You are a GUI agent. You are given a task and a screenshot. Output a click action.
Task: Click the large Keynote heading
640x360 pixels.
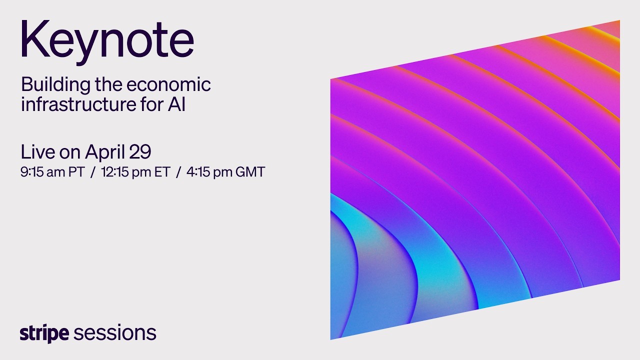107,40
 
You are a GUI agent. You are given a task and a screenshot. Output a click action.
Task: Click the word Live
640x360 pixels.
37,151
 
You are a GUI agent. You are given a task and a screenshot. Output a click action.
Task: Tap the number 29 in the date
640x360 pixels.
141,151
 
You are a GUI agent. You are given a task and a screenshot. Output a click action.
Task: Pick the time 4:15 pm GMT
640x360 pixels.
225,172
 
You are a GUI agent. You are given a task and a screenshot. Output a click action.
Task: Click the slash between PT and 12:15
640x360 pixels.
93,172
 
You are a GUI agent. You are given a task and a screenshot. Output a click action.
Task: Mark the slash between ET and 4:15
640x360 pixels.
178,172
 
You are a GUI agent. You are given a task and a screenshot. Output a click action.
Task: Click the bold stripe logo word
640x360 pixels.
44,333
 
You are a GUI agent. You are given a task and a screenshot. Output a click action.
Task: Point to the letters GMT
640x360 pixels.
250,172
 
